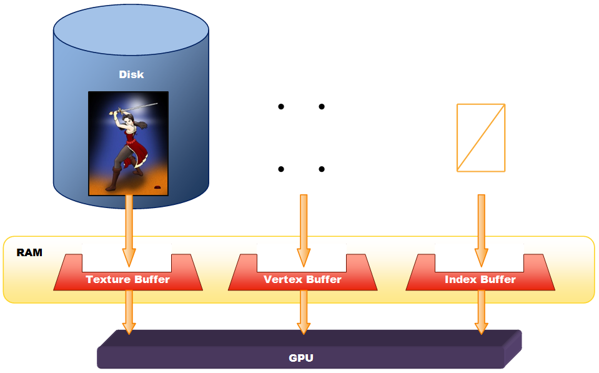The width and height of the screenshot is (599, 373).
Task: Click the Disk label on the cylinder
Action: (x=131, y=74)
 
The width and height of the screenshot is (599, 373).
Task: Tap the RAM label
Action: (x=29, y=252)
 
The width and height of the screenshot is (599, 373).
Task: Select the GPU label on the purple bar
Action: (x=301, y=358)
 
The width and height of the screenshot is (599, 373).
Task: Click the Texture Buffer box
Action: (x=128, y=279)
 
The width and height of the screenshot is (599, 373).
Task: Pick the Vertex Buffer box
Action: (x=303, y=279)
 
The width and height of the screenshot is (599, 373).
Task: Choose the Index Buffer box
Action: (x=480, y=279)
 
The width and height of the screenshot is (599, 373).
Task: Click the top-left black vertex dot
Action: (x=281, y=107)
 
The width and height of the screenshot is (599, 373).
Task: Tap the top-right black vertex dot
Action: (x=322, y=107)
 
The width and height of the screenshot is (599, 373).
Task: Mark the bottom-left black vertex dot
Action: (x=281, y=169)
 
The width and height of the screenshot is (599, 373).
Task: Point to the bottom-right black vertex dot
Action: (x=322, y=169)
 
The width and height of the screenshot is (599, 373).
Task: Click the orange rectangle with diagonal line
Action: (x=481, y=137)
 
